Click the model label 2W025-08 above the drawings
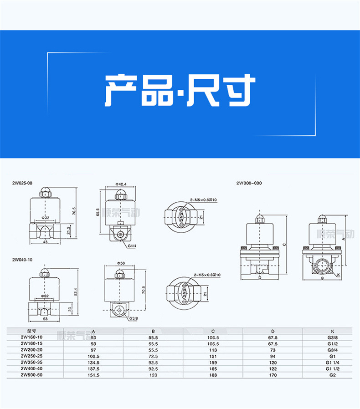click(22, 183)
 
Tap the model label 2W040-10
click(22, 260)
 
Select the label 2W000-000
click(249, 183)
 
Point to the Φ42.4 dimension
click(120, 184)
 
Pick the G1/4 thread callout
click(132, 246)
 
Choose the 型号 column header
click(31, 332)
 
